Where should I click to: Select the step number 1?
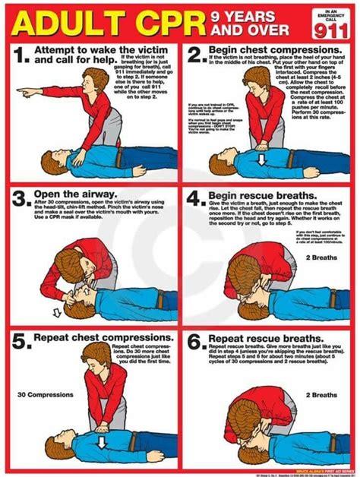[21, 54]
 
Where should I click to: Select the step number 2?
[195, 54]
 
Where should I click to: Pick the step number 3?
[21, 200]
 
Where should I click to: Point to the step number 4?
[196, 200]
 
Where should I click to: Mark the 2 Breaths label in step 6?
[321, 395]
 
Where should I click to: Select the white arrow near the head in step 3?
[57, 311]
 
